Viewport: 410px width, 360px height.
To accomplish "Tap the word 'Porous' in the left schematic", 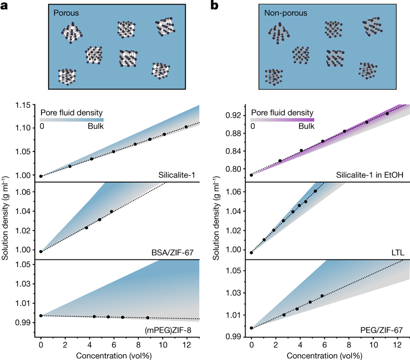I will click(x=66, y=13).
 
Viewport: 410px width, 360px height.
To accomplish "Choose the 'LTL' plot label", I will click(x=397, y=252).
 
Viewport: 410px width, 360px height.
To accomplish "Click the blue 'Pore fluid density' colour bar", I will click(x=72, y=120).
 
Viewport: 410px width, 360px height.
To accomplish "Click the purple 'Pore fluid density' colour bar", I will click(x=282, y=120).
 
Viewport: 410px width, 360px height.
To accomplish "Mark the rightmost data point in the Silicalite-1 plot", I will click(x=186, y=127).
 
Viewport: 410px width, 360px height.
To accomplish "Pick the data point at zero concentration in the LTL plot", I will click(x=252, y=253).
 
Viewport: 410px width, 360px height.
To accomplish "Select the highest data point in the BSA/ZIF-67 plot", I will click(x=111, y=211).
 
